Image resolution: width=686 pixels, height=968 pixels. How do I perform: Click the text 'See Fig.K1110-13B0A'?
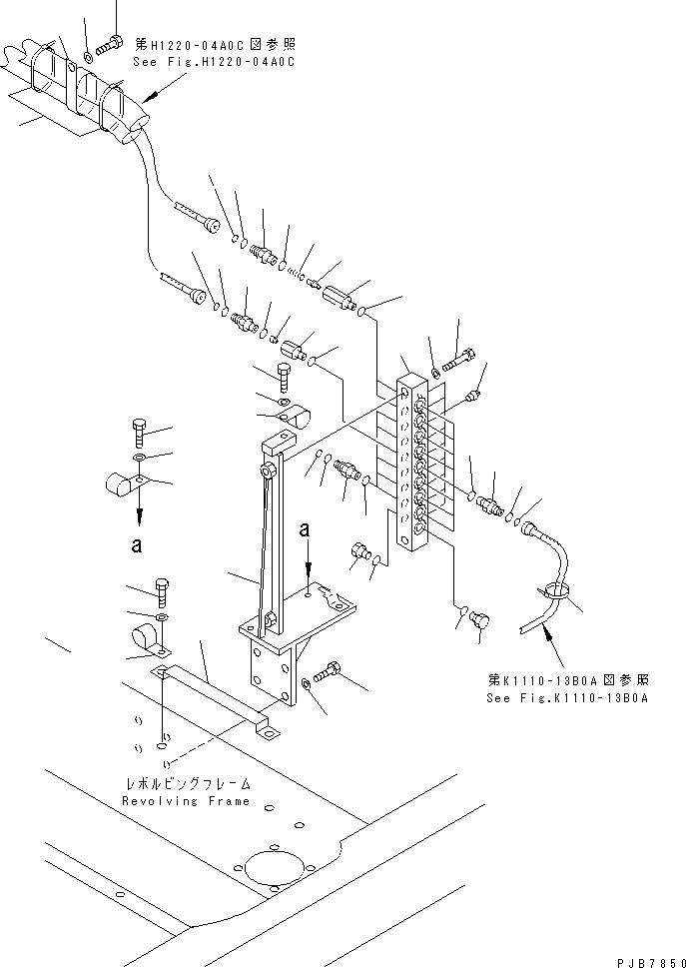click(567, 698)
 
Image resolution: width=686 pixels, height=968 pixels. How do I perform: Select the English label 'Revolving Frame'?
click(186, 801)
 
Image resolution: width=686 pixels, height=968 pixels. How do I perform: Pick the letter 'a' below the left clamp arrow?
click(138, 544)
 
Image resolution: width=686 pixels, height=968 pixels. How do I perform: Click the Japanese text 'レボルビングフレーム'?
click(186, 785)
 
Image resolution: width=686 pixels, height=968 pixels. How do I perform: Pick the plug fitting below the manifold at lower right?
click(477, 619)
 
